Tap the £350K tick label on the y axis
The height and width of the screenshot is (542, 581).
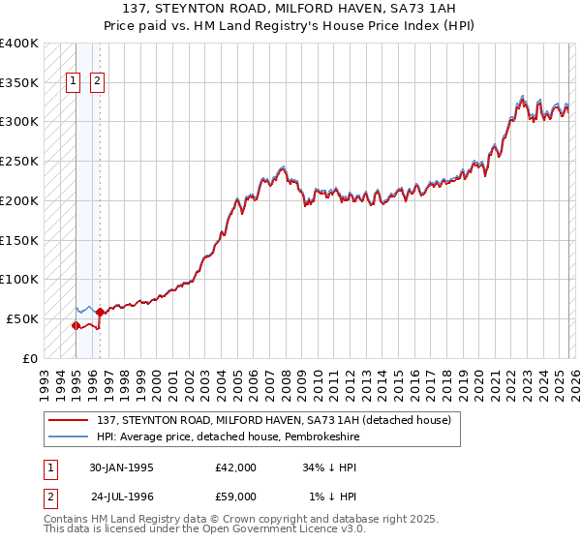click(x=19, y=83)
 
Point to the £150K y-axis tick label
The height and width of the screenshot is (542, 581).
click(x=19, y=240)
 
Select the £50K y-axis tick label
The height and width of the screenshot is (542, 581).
click(x=23, y=318)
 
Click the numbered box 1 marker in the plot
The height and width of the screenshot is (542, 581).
click(x=75, y=82)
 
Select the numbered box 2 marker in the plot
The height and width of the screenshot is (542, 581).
click(x=98, y=82)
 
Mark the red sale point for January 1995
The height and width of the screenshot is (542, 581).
click(x=76, y=325)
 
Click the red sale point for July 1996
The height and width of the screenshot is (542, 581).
click(x=100, y=312)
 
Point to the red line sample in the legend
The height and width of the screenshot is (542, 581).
click(x=69, y=420)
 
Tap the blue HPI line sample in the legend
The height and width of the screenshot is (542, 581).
click(x=69, y=437)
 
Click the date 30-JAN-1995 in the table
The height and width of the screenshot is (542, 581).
click(x=121, y=467)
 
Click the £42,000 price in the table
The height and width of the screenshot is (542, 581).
click(x=235, y=467)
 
